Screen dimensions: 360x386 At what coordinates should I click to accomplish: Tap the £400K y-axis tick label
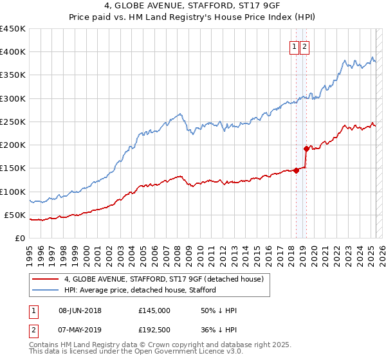tap(13, 52)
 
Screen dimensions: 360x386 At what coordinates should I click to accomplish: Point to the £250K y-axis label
tap(13, 122)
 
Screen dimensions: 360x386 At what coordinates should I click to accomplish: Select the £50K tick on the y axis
tap(15, 215)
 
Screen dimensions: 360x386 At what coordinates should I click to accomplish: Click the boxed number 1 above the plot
tap(294, 46)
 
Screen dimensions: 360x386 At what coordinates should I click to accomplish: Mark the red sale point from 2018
tap(296, 170)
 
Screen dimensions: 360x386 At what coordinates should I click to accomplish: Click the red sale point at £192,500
tap(306, 148)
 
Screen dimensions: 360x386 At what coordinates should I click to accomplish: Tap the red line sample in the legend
tap(46, 280)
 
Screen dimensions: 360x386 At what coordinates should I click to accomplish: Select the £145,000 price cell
tap(154, 310)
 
